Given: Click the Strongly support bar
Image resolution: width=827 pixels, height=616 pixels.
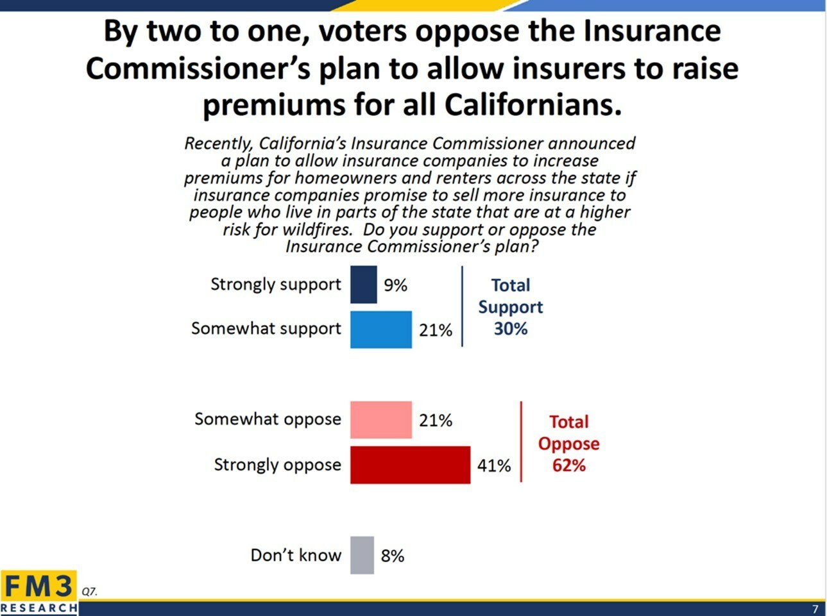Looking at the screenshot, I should [363, 285].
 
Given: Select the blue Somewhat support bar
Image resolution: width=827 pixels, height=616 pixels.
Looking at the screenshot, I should [380, 329].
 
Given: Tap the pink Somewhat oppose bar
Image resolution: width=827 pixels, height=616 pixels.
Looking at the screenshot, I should [380, 420].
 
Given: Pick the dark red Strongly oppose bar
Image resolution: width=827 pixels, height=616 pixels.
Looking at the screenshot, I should [410, 465].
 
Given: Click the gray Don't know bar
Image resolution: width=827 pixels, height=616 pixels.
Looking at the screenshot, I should [362, 555].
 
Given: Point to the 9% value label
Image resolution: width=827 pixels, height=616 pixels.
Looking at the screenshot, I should [395, 285].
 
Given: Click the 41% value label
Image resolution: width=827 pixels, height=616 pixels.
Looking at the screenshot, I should [493, 465].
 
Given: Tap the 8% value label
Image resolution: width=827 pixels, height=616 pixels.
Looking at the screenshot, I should [392, 556].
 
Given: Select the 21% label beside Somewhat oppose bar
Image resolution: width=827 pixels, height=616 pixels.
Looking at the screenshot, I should [435, 420].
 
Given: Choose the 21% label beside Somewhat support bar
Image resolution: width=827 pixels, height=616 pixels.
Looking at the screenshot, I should [435, 330].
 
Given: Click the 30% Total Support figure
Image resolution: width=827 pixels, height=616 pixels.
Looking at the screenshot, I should [510, 329].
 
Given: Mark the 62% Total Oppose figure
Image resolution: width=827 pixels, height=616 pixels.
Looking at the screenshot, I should [568, 465].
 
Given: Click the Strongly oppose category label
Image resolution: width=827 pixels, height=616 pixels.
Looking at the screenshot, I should [277, 464].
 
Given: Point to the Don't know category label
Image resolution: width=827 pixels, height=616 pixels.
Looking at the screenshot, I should [295, 555].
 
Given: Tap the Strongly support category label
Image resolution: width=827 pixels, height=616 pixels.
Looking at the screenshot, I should [276, 284].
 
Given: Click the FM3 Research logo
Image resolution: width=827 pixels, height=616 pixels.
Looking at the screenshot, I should [38, 592].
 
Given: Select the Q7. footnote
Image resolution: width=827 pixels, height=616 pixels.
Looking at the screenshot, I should [89, 591].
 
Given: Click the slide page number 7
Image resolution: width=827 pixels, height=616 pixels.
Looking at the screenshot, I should [815, 609].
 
